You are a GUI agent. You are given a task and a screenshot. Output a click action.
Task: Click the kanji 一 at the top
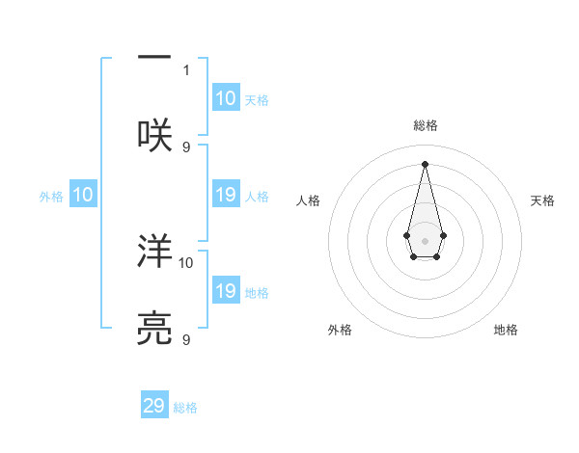click(x=155, y=59)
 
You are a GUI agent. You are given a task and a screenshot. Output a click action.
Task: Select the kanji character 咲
click(x=155, y=134)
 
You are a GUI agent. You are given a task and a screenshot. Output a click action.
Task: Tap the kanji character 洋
click(x=155, y=253)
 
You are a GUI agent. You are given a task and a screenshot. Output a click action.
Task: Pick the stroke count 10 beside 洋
click(x=186, y=262)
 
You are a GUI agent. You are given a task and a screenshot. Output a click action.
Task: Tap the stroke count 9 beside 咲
click(x=186, y=147)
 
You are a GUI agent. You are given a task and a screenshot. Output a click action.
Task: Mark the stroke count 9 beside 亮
click(x=186, y=339)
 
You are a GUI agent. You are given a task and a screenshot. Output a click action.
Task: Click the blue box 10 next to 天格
click(x=225, y=98)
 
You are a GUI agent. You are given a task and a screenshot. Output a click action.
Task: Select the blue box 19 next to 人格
click(x=225, y=195)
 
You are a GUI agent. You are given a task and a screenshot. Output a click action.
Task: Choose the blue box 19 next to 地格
click(x=225, y=291)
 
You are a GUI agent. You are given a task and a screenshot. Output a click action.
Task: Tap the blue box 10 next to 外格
click(x=82, y=195)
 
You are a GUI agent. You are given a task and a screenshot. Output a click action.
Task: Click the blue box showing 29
click(x=154, y=406)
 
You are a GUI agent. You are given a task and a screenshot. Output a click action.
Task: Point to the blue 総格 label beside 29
click(x=185, y=408)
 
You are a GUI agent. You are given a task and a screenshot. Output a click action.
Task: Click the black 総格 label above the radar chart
click(x=425, y=126)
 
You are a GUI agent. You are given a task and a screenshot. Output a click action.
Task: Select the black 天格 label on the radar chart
click(x=543, y=200)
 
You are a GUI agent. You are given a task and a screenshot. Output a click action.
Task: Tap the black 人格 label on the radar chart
click(x=308, y=200)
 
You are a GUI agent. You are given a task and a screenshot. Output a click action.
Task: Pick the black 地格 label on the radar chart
click(x=506, y=330)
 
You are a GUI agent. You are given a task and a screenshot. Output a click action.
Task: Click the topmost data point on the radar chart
click(x=425, y=163)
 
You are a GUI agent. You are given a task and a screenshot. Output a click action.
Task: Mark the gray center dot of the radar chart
click(x=425, y=240)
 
